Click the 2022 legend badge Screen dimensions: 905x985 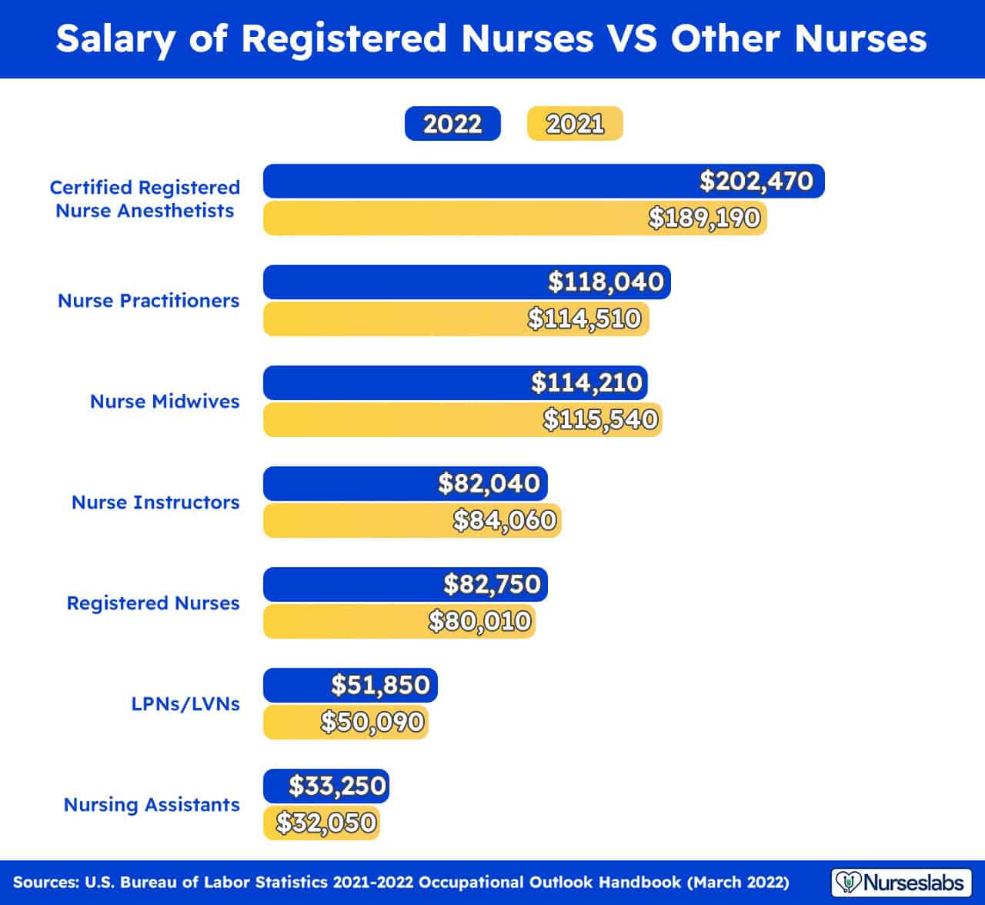pyautogui.click(x=452, y=124)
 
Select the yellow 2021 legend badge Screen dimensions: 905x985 pyautogui.click(x=575, y=124)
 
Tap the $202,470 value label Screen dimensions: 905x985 pyautogui.click(x=756, y=181)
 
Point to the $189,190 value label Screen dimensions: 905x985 pyautogui.click(x=704, y=218)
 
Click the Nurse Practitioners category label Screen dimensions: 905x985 pyautogui.click(x=149, y=301)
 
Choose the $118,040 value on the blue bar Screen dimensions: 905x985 pyautogui.click(x=606, y=282)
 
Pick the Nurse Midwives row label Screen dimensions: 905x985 pyautogui.click(x=165, y=402)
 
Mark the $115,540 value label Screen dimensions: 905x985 pyautogui.click(x=600, y=419)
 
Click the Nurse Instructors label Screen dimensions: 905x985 pyautogui.click(x=155, y=503)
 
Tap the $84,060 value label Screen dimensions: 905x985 pyautogui.click(x=504, y=520)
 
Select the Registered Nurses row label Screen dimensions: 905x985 pyautogui.click(x=153, y=603)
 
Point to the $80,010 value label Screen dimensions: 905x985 pyautogui.click(x=480, y=621)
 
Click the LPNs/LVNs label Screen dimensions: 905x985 pyautogui.click(x=185, y=704)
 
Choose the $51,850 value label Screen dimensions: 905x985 pyautogui.click(x=380, y=685)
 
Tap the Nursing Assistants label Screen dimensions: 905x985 pyautogui.click(x=152, y=805)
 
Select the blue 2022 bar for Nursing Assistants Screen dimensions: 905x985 pyautogui.click(x=326, y=786)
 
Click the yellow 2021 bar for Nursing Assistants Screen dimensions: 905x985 pyautogui.click(x=322, y=823)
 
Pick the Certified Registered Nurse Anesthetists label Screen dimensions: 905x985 pyautogui.click(x=145, y=199)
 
